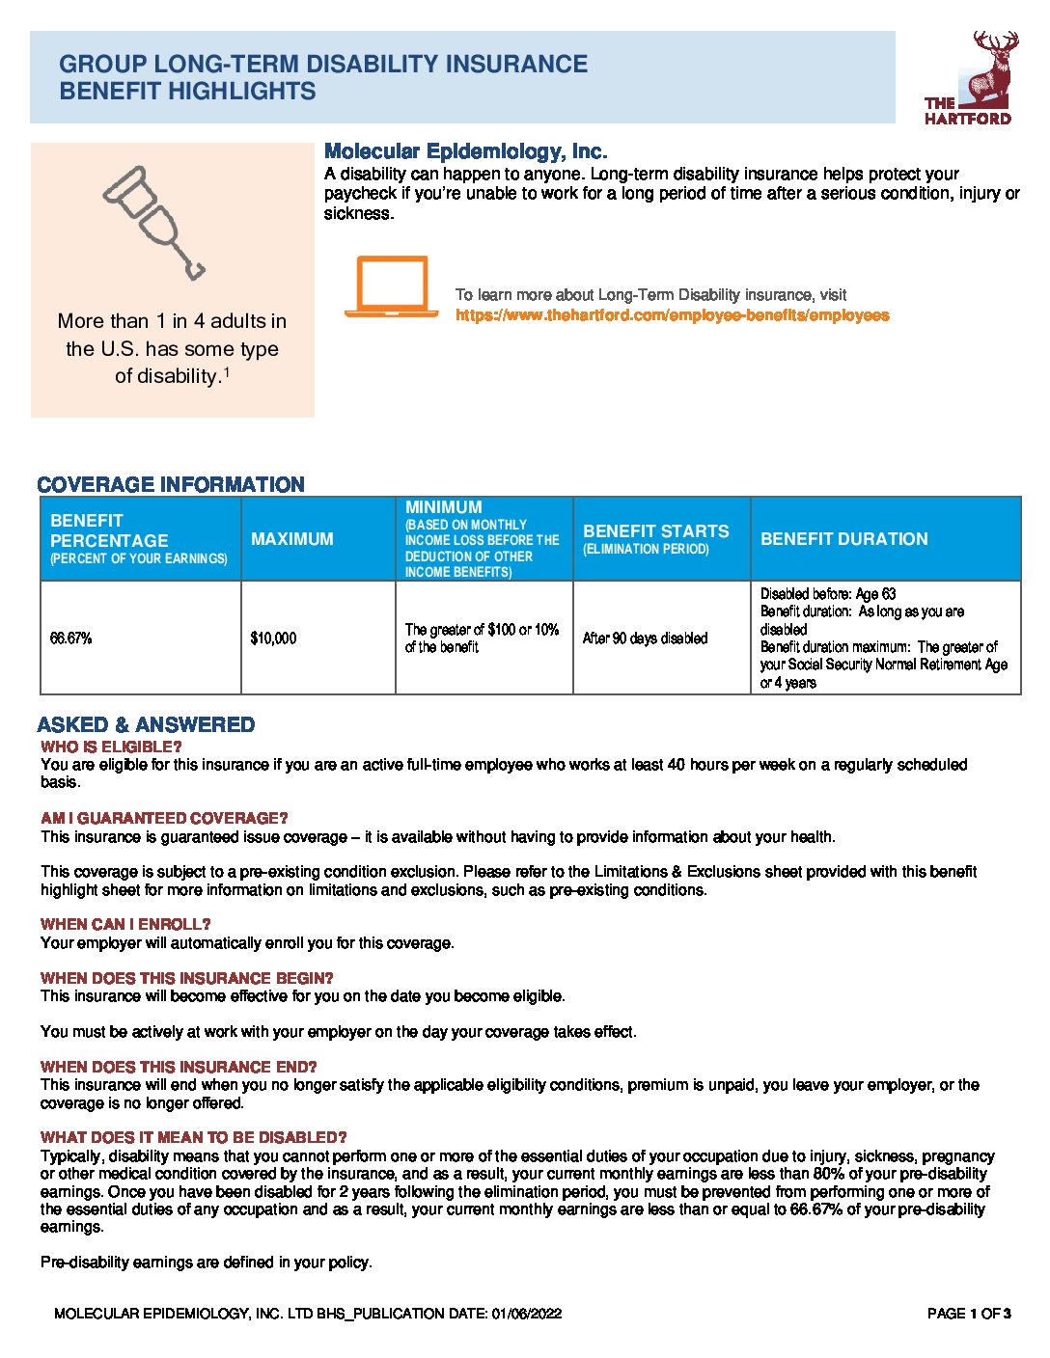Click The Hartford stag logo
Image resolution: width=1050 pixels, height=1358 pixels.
[x=969, y=78]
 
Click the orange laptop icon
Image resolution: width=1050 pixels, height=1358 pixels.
[x=391, y=286]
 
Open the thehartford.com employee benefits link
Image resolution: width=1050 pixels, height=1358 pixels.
[x=672, y=315]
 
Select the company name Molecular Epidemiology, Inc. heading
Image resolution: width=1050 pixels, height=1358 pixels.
[x=465, y=151]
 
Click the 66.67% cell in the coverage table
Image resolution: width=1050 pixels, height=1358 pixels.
[x=71, y=638]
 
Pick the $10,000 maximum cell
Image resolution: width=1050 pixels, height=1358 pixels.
[x=273, y=638]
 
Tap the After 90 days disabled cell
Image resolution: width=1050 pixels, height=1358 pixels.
[x=645, y=638]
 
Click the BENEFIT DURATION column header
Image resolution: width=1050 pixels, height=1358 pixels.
[x=843, y=539]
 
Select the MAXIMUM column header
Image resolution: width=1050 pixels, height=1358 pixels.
[x=291, y=539]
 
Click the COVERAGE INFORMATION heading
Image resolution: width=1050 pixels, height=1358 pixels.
[x=171, y=484]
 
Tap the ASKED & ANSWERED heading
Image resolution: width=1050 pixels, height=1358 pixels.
[x=146, y=724]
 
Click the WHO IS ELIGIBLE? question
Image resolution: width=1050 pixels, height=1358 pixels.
[x=111, y=747]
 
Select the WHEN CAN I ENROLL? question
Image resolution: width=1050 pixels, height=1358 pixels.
[x=125, y=924]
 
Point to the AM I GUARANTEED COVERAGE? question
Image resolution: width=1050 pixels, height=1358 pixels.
[x=164, y=818]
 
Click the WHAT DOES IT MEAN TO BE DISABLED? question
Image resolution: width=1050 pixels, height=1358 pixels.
[x=193, y=1137]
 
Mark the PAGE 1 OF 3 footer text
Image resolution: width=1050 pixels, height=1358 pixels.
[x=968, y=1313]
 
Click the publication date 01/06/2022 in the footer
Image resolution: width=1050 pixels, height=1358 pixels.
[x=526, y=1313]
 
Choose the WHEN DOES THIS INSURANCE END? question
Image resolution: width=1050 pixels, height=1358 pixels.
[x=179, y=1067]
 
